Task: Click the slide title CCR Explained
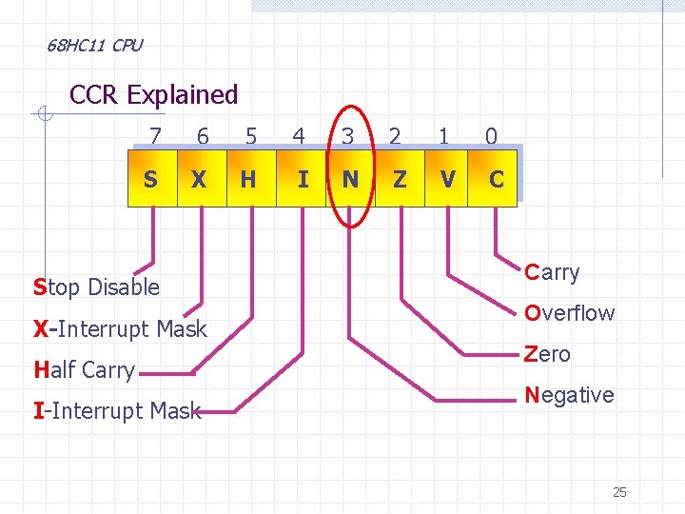pyautogui.click(x=154, y=95)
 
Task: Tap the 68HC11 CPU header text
pyautogui.click(x=94, y=45)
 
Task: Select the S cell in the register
pyautogui.click(x=151, y=179)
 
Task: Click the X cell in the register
pyautogui.click(x=199, y=179)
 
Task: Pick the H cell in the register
pyautogui.click(x=248, y=179)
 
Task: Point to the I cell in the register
pyautogui.click(x=302, y=179)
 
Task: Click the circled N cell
pyautogui.click(x=350, y=179)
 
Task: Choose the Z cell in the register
pyautogui.click(x=400, y=179)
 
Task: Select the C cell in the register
pyautogui.click(x=496, y=179)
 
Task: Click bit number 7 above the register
pyautogui.click(x=155, y=137)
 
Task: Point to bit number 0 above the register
pyautogui.click(x=491, y=137)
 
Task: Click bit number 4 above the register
pyautogui.click(x=299, y=137)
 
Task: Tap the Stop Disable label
pyautogui.click(x=96, y=287)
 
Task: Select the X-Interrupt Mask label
pyautogui.click(x=120, y=329)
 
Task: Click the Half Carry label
pyautogui.click(x=84, y=370)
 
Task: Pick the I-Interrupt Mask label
pyautogui.click(x=117, y=411)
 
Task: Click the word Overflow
pyautogui.click(x=570, y=313)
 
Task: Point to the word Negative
pyautogui.click(x=569, y=395)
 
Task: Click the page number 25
pyautogui.click(x=619, y=492)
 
